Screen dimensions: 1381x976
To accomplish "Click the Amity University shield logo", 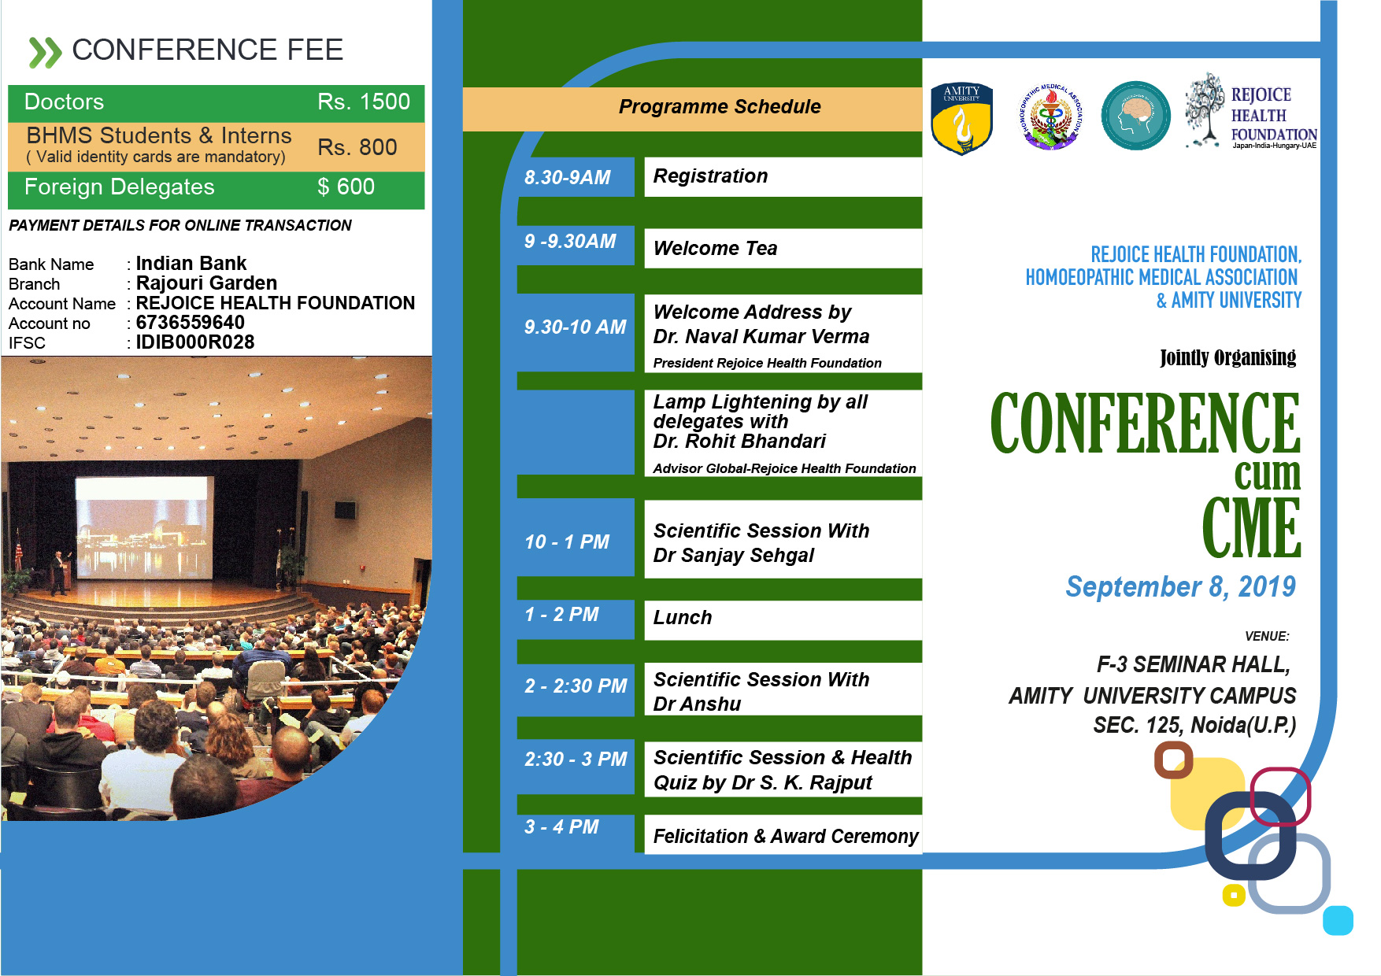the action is click(961, 119).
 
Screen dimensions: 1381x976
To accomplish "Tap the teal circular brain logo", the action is click(1135, 116).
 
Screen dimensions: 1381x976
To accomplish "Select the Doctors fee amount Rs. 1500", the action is click(364, 102).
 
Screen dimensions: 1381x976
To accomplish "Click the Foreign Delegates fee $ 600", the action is click(346, 187).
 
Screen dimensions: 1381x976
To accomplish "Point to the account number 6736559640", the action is click(191, 323).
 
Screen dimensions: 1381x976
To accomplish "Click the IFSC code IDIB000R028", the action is click(195, 342).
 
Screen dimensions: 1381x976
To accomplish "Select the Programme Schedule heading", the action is click(720, 107).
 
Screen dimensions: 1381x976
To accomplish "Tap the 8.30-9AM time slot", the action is click(568, 178).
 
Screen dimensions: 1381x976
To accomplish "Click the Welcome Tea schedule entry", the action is click(715, 249).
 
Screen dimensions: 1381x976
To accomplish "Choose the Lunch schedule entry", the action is click(683, 618).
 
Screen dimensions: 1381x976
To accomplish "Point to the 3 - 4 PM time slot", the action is click(561, 827).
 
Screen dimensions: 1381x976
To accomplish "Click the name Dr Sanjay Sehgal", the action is click(733, 556).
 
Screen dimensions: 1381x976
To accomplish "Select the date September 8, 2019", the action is click(1180, 587).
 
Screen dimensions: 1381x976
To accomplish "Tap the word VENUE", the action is click(1267, 636).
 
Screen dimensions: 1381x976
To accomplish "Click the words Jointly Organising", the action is click(1227, 358).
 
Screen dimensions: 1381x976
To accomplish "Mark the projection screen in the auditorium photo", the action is click(144, 527).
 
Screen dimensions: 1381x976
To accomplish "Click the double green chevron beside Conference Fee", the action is click(45, 52).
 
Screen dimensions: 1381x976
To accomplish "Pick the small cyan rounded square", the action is click(1338, 920).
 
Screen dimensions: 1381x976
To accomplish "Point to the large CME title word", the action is click(1251, 527).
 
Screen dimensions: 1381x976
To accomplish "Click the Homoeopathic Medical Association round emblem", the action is click(1051, 116).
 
